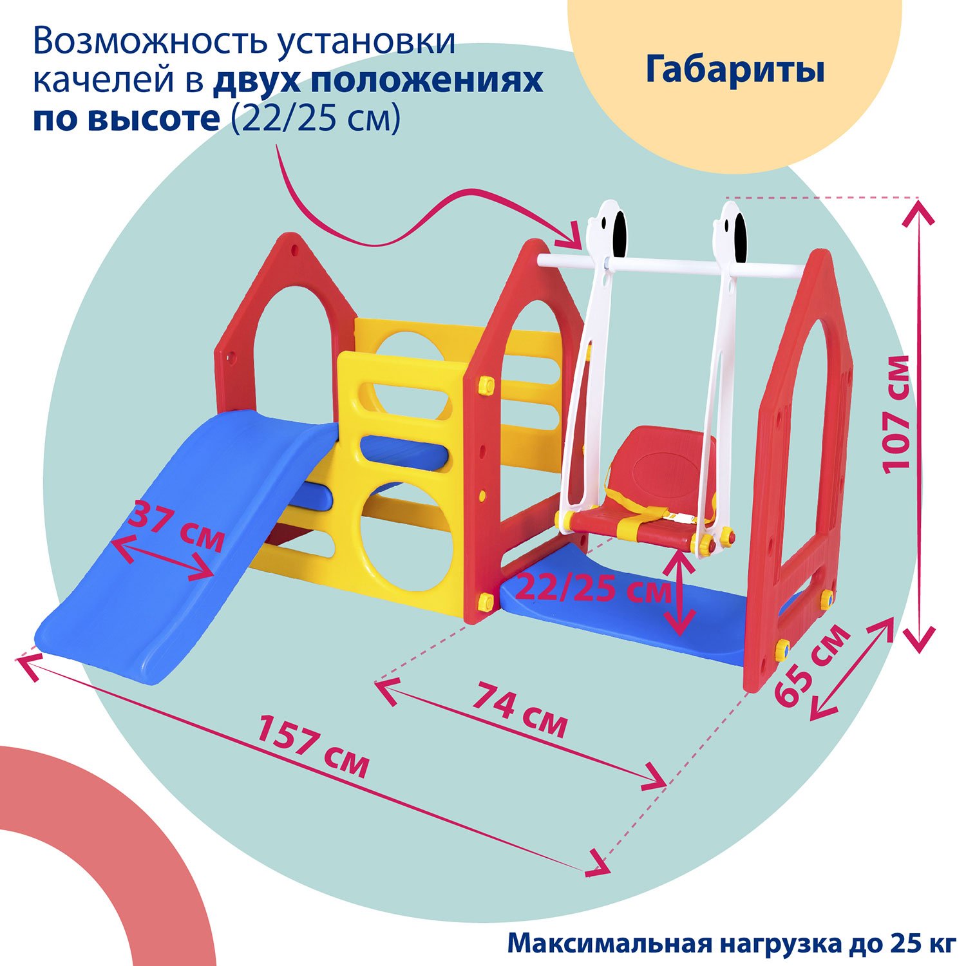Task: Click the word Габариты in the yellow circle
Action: pyautogui.click(x=735, y=70)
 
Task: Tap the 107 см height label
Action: pyautogui.click(x=896, y=415)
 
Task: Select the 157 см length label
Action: pyautogui.click(x=314, y=747)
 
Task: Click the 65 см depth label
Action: pyautogui.click(x=811, y=666)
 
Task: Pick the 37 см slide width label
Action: pyautogui.click(x=177, y=527)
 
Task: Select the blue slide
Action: pyautogui.click(x=187, y=547)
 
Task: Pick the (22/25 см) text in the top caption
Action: pyautogui.click(x=316, y=119)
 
